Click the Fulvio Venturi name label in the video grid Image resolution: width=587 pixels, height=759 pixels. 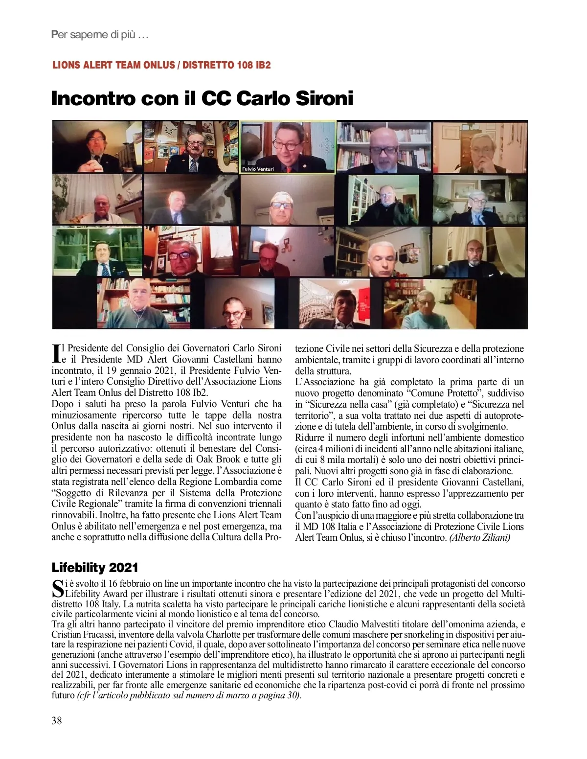(x=258, y=169)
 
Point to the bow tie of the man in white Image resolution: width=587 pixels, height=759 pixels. (x=102, y=214)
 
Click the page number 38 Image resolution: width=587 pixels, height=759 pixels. (x=57, y=720)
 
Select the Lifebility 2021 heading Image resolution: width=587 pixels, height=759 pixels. (x=95, y=568)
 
